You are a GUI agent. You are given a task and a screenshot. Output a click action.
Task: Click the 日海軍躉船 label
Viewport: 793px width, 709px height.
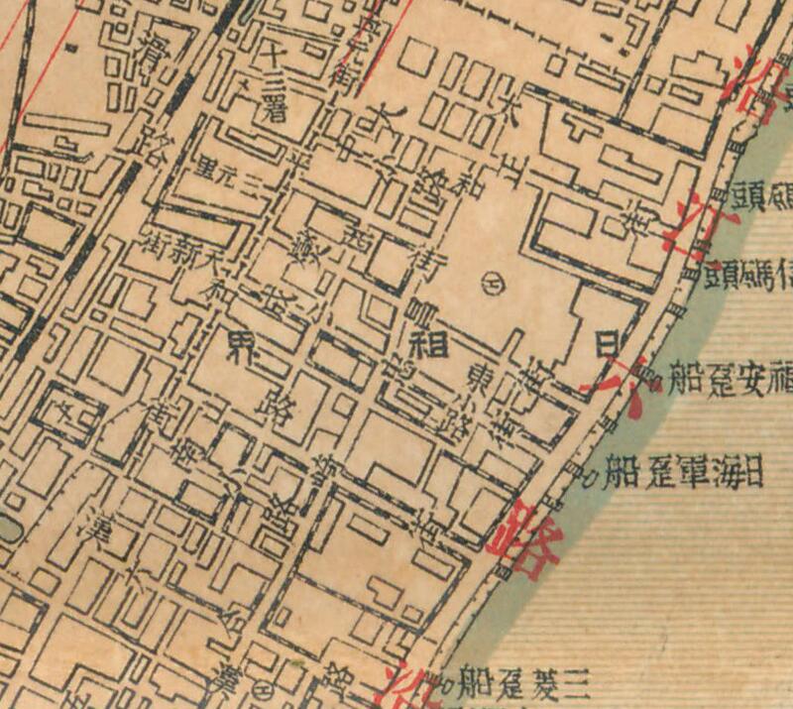coord(684,472)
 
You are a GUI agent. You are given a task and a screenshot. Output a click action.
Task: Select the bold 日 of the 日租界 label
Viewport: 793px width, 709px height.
coord(601,343)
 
